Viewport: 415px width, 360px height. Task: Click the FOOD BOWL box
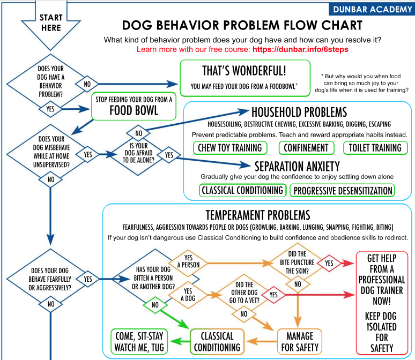pos(134,106)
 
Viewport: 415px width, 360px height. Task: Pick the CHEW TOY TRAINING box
pos(230,147)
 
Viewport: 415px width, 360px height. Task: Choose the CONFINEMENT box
pos(306,147)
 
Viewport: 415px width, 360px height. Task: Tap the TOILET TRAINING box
pos(375,147)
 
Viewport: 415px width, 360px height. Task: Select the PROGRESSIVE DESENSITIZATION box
pos(342,190)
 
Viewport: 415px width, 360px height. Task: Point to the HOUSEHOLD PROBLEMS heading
pos(299,112)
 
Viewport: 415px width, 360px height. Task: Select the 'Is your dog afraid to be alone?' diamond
pos(139,155)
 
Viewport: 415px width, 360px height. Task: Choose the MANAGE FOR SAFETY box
pos(299,341)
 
